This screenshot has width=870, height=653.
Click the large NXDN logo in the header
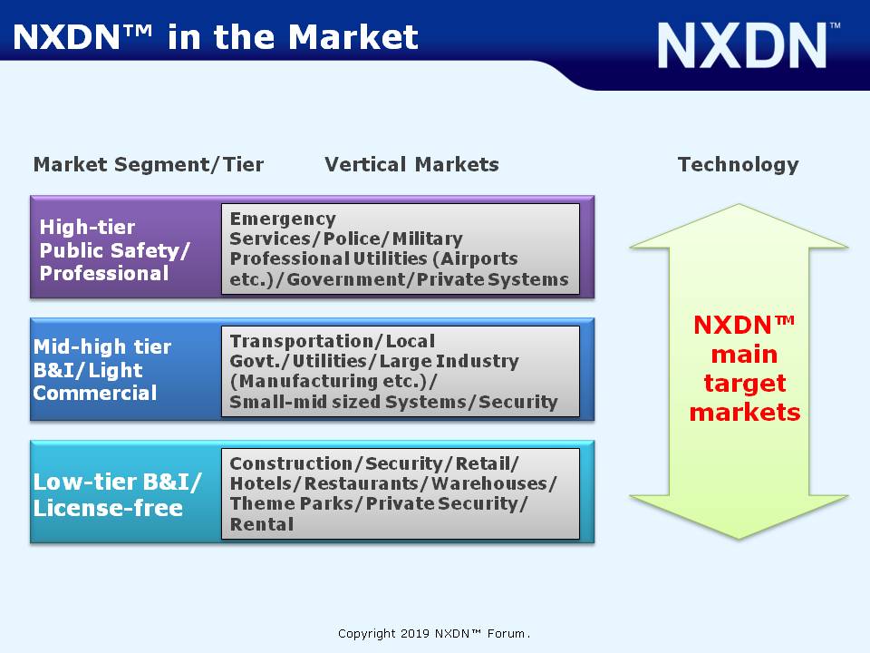(749, 45)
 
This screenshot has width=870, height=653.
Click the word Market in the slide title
(353, 38)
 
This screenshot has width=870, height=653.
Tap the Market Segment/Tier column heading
(149, 164)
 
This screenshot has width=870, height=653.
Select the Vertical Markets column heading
(411, 164)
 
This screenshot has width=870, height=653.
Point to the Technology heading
(739, 165)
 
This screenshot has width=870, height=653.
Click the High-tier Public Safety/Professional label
(115, 250)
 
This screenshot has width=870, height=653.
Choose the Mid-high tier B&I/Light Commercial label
(102, 370)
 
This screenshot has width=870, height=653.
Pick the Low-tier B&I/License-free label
(117, 495)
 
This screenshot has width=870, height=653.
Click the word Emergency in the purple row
(283, 219)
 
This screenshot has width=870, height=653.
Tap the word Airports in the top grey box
(479, 258)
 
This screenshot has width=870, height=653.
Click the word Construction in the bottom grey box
(291, 463)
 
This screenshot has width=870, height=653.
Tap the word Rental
(262, 524)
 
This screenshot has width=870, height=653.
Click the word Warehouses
(489, 483)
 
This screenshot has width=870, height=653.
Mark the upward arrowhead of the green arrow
(739, 227)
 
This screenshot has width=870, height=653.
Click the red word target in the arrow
(745, 384)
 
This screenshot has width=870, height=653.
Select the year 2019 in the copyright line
(415, 634)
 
